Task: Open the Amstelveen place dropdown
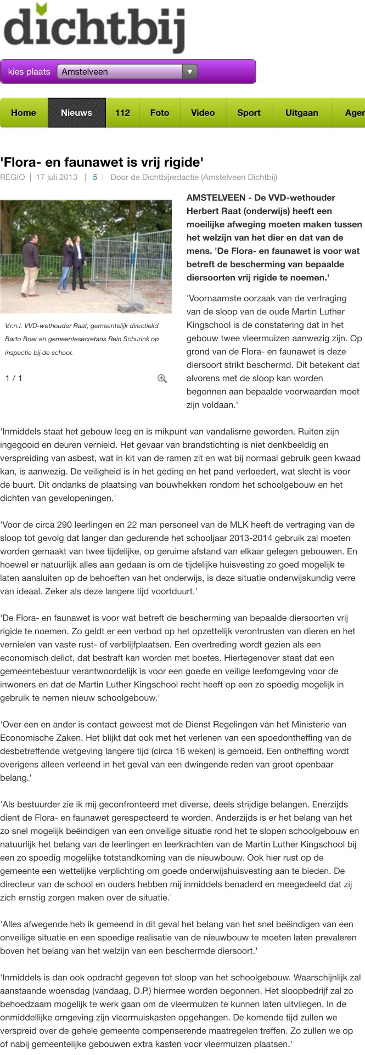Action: click(127, 72)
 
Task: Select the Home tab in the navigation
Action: click(24, 113)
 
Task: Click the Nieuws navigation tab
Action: click(76, 113)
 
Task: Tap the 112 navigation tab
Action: click(122, 113)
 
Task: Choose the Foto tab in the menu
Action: click(160, 113)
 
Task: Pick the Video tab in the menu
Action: click(203, 113)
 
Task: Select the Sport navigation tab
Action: click(249, 113)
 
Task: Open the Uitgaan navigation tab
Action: click(301, 113)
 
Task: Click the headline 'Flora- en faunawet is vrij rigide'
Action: click(102, 162)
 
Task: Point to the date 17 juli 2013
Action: click(57, 177)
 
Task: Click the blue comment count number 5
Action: click(95, 177)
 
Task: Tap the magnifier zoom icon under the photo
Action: click(162, 379)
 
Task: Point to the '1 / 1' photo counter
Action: click(14, 379)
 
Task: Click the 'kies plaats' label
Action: click(29, 72)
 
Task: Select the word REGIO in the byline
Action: click(13, 177)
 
